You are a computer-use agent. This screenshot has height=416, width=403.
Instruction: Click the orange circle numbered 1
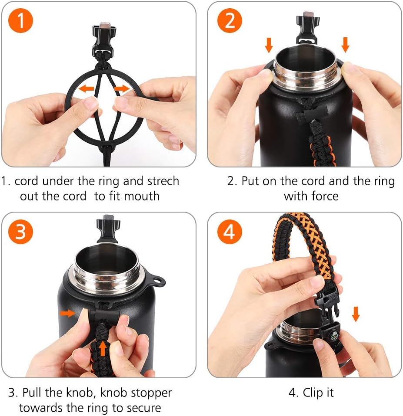point(20,20)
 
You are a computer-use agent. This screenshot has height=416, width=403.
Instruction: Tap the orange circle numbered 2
point(230,20)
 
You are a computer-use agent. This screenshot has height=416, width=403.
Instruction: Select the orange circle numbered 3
point(20,232)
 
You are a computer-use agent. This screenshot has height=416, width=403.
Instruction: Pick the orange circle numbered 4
point(230,232)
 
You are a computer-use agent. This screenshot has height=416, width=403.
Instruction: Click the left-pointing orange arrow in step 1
point(87,88)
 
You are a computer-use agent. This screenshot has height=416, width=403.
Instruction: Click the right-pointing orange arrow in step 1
point(122,88)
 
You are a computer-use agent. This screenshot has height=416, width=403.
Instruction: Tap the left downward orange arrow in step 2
point(269,45)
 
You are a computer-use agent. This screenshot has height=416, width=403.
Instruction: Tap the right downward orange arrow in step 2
point(345,45)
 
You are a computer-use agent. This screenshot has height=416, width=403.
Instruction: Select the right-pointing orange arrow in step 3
point(68,313)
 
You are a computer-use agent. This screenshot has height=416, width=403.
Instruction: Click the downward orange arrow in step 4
point(356,314)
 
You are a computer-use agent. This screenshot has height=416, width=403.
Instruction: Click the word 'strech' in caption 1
point(163,181)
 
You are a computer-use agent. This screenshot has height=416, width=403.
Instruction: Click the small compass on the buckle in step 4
point(334,337)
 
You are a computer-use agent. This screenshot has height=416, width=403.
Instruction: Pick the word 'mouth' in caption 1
point(142,197)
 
